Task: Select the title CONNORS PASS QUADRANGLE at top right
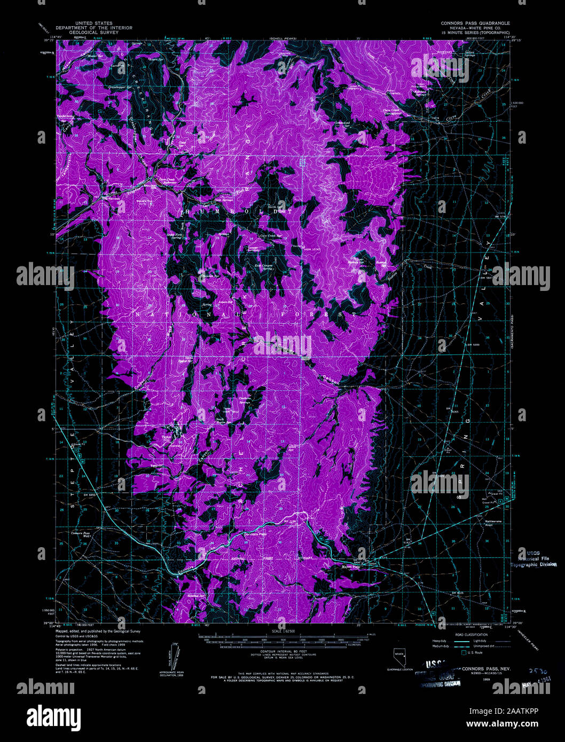coord(475,23)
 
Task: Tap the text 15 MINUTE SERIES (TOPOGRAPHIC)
coord(475,32)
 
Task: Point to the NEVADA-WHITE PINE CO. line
coord(475,28)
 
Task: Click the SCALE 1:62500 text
coord(282,632)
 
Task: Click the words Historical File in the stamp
coord(536,558)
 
